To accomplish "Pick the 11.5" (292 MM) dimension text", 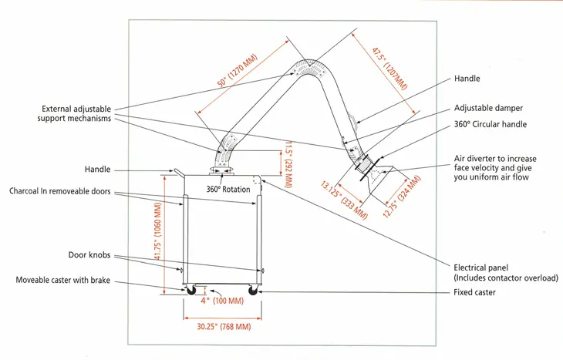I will point(287,163).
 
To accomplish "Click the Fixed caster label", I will point(475,292).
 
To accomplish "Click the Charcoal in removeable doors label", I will point(63,190).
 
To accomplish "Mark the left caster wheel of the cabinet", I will point(188,290).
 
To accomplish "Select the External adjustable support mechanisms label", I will point(77,113).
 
